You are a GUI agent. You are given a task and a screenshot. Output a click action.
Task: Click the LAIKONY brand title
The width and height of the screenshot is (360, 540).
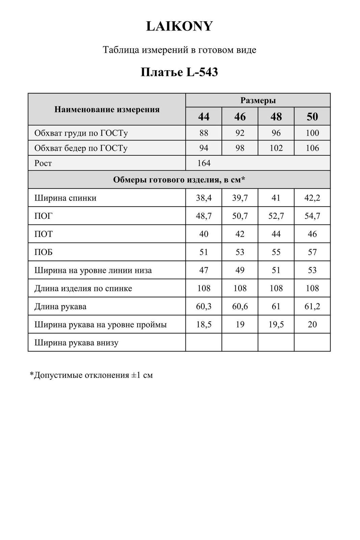[179, 26]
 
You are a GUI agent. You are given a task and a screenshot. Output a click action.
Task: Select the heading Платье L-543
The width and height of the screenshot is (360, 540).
[179, 72]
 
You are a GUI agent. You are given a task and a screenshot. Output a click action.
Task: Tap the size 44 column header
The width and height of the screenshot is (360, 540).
[204, 117]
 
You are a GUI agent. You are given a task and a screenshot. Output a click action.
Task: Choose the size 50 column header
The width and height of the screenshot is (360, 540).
[312, 117]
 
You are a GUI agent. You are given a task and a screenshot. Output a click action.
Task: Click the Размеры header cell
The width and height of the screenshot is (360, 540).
[258, 100]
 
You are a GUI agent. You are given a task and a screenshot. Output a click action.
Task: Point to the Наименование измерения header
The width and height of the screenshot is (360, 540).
[107, 109]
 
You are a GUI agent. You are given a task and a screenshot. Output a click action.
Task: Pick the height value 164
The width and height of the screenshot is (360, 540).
[204, 163]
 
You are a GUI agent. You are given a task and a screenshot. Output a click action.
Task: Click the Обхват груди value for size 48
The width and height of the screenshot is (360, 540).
[276, 133]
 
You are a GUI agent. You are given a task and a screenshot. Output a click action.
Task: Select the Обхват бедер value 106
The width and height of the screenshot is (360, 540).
[312, 148]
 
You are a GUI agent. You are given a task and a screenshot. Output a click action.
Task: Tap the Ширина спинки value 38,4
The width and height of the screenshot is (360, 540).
[204, 198]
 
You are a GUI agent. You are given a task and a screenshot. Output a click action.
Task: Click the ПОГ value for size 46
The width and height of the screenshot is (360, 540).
[240, 216]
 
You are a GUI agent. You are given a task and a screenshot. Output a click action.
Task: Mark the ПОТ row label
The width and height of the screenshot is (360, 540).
[44, 234]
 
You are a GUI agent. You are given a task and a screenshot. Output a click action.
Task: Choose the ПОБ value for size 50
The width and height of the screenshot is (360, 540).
[312, 252]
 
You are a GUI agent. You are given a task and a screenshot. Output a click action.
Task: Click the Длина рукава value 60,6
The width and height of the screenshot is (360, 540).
[240, 306]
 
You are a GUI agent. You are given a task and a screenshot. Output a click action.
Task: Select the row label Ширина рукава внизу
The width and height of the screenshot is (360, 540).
[76, 343]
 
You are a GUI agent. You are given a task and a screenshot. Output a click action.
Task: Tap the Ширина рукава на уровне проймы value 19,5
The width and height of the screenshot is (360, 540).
[276, 325]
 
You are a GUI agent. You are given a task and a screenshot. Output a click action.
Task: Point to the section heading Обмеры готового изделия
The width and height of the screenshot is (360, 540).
[179, 180]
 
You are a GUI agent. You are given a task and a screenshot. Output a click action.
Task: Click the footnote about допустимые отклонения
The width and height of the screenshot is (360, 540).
[91, 375]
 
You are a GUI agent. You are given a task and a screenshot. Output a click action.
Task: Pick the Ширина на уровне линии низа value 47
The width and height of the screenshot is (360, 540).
[204, 270]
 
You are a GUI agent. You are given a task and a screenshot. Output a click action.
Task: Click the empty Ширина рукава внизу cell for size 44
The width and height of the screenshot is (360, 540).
[204, 342]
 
